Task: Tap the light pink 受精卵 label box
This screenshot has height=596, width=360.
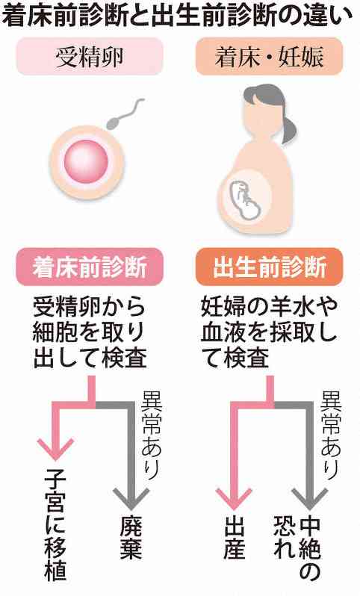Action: pyautogui.click(x=90, y=57)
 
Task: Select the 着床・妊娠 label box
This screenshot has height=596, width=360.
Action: pyautogui.click(x=269, y=57)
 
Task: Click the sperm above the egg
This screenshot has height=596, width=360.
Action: pyautogui.click(x=124, y=114)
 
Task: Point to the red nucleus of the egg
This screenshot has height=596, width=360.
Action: pyautogui.click(x=86, y=161)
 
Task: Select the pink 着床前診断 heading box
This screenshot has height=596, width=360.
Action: pyautogui.click(x=90, y=267)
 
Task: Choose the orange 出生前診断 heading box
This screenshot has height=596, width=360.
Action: pyautogui.click(x=269, y=267)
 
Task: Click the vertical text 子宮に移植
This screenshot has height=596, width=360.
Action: pyautogui.click(x=55, y=526)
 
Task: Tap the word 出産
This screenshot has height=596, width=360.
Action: pyautogui.click(x=235, y=538)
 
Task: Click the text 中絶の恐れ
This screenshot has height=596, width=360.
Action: pyautogui.click(x=297, y=547)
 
